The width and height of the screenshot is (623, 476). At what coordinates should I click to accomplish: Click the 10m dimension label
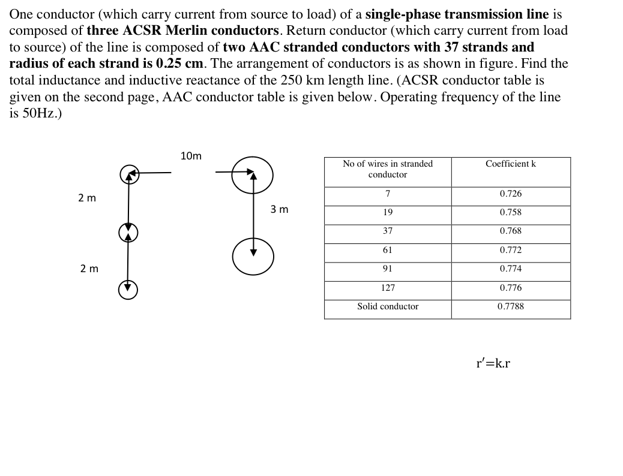(x=191, y=156)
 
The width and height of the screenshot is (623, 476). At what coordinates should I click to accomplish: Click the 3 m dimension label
(x=279, y=209)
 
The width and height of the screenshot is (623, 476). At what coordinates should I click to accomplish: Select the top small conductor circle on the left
(x=130, y=174)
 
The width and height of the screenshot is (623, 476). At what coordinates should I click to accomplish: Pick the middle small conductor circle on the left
(x=128, y=233)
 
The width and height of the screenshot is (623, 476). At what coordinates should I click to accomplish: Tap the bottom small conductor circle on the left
(x=128, y=290)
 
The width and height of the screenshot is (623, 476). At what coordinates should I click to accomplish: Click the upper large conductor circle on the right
(x=252, y=175)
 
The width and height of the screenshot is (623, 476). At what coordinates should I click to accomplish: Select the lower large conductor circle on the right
(x=253, y=257)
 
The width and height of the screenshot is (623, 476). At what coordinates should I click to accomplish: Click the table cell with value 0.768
(x=510, y=231)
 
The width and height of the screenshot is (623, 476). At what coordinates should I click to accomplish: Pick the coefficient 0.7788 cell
(x=510, y=306)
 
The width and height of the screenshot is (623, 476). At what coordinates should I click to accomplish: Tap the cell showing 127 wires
(x=388, y=288)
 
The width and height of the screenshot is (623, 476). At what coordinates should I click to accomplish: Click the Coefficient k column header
(x=510, y=164)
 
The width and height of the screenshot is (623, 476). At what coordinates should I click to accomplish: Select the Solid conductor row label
(x=388, y=306)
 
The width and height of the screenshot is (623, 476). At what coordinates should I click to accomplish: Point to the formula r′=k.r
(x=493, y=363)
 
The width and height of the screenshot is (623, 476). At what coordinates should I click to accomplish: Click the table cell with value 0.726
(x=510, y=194)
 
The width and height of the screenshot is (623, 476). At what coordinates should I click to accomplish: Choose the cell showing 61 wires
(x=388, y=250)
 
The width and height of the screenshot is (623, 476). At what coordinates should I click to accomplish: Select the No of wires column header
(x=388, y=169)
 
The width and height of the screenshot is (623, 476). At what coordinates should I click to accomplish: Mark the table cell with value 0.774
(x=510, y=269)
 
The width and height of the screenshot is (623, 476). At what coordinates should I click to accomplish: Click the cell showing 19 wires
(x=388, y=212)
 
